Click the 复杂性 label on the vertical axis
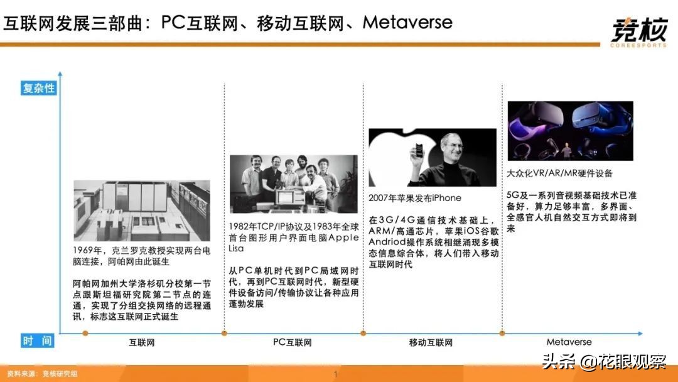39,89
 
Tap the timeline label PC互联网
292,342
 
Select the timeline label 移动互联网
431,342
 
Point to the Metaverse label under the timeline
569,342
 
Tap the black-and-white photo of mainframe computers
142,210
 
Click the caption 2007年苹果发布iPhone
415,198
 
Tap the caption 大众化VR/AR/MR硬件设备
559,173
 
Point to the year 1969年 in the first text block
86,250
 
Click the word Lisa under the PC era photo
238,248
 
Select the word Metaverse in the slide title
407,23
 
